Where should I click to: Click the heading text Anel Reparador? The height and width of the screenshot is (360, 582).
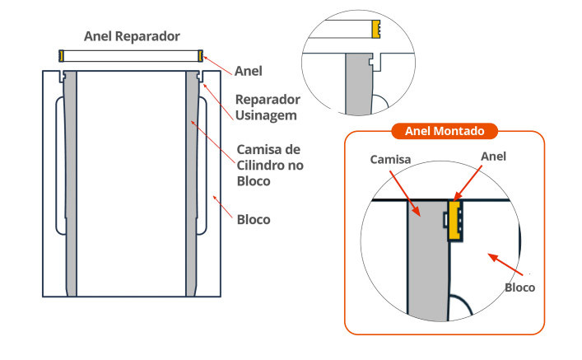(x=132, y=36)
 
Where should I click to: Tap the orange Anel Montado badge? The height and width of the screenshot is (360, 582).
(x=444, y=131)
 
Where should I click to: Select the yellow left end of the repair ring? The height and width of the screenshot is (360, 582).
(x=62, y=56)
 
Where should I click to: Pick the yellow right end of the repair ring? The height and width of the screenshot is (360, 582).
(x=200, y=56)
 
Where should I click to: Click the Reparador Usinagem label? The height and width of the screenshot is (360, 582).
(x=268, y=107)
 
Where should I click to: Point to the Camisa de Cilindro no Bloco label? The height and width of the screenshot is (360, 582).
(x=268, y=165)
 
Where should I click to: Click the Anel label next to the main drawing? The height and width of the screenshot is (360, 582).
(x=249, y=71)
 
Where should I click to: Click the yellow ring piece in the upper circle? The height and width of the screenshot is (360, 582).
(x=375, y=30)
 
